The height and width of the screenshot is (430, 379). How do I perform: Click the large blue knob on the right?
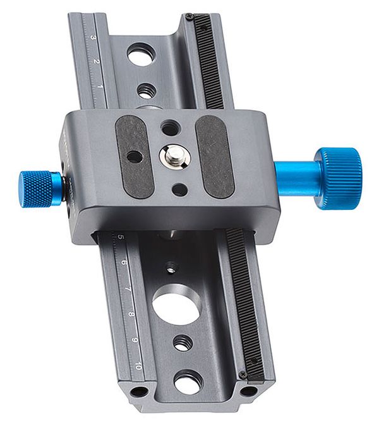click(x=338, y=178)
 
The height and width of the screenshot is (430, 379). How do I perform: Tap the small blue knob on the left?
click(x=39, y=188)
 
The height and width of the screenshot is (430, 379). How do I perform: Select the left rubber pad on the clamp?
click(x=133, y=156)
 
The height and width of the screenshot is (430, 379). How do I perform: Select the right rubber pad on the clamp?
click(x=215, y=156)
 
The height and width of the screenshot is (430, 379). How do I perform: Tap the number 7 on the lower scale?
click(x=128, y=288)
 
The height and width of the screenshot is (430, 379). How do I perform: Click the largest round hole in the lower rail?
click(x=176, y=305)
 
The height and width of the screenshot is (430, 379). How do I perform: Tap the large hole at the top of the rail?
click(x=141, y=54)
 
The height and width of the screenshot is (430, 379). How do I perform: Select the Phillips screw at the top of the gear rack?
click(x=189, y=16)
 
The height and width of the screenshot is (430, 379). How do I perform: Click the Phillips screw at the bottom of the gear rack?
click(x=243, y=374)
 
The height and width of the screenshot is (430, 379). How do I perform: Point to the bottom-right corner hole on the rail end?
click(x=248, y=390)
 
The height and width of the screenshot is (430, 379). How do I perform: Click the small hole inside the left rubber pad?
click(x=134, y=156)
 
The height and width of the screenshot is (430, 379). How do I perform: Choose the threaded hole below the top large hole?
click(x=147, y=90)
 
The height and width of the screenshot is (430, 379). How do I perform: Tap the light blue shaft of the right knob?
click(x=296, y=178)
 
